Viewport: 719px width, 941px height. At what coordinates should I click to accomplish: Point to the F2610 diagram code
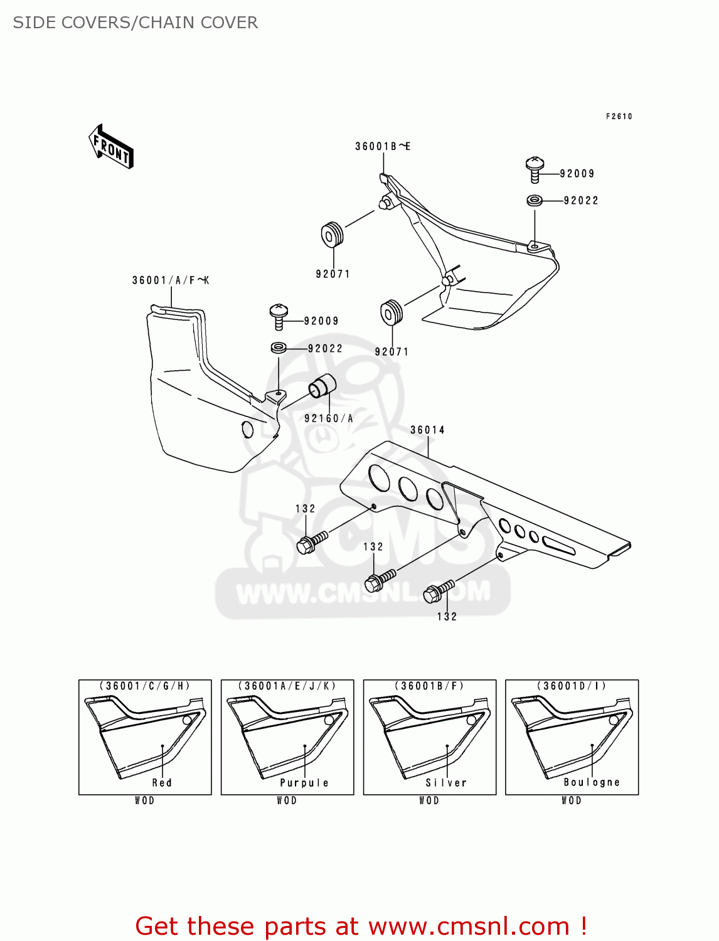(x=619, y=116)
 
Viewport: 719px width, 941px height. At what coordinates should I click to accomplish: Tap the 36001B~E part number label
(x=382, y=146)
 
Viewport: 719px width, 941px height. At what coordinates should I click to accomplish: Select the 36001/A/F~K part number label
(x=170, y=280)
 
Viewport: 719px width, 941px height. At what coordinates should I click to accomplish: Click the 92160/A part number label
(x=329, y=418)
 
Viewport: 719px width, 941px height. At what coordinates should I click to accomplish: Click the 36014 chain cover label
(x=427, y=430)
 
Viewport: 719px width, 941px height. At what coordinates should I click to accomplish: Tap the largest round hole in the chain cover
(x=379, y=477)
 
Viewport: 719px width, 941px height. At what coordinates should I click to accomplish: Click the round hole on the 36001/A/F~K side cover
(x=247, y=430)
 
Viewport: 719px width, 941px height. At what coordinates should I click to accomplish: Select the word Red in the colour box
(x=162, y=782)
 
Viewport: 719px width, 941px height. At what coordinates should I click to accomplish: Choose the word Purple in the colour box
(x=304, y=782)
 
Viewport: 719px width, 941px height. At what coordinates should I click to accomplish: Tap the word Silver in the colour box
(x=446, y=782)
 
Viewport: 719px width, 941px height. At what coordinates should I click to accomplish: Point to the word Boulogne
(x=591, y=782)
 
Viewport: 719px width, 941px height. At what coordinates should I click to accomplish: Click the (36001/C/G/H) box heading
(x=145, y=686)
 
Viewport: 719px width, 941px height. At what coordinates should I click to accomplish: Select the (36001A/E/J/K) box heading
(x=287, y=686)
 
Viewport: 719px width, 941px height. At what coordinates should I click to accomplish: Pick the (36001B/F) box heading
(x=430, y=686)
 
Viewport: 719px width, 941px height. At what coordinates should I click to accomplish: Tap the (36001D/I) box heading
(x=572, y=686)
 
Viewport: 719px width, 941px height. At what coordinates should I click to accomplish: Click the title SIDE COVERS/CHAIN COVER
(x=136, y=23)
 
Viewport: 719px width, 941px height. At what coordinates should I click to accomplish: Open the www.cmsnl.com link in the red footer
(x=469, y=926)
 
